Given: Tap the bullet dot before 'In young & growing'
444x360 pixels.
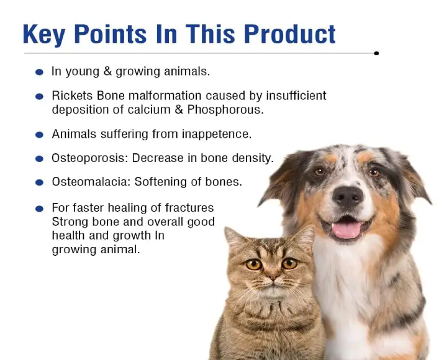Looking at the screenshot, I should (x=39, y=72).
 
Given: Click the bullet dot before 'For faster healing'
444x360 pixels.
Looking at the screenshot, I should (x=39, y=209).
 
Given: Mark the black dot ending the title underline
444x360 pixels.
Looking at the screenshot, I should (x=376, y=53).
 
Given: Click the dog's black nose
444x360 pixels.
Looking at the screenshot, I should (x=348, y=197).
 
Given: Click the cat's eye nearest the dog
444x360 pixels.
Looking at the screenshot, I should (x=289, y=263).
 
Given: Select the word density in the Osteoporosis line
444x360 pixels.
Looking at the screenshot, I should (x=252, y=158).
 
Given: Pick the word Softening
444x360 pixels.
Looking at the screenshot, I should (x=172, y=182).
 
